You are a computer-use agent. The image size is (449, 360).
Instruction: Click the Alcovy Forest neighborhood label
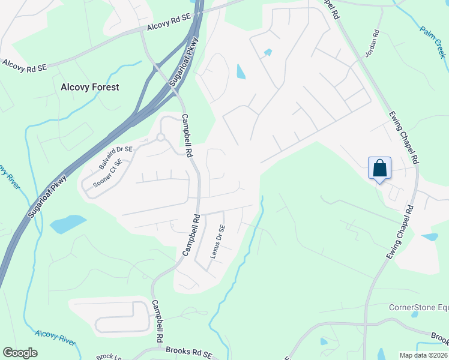click(90, 87)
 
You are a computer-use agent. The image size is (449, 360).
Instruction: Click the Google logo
click(20, 353)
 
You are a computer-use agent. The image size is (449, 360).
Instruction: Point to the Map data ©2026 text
click(424, 355)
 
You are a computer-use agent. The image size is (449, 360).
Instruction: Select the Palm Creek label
click(433, 41)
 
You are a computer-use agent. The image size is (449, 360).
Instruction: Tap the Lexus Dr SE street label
click(217, 241)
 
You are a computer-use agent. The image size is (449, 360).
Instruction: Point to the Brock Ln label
click(109, 356)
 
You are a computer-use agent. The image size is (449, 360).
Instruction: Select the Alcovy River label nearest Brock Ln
click(55, 337)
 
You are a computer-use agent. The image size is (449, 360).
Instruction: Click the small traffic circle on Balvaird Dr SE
click(161, 137)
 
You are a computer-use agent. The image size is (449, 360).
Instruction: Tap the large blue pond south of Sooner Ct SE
click(68, 224)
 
